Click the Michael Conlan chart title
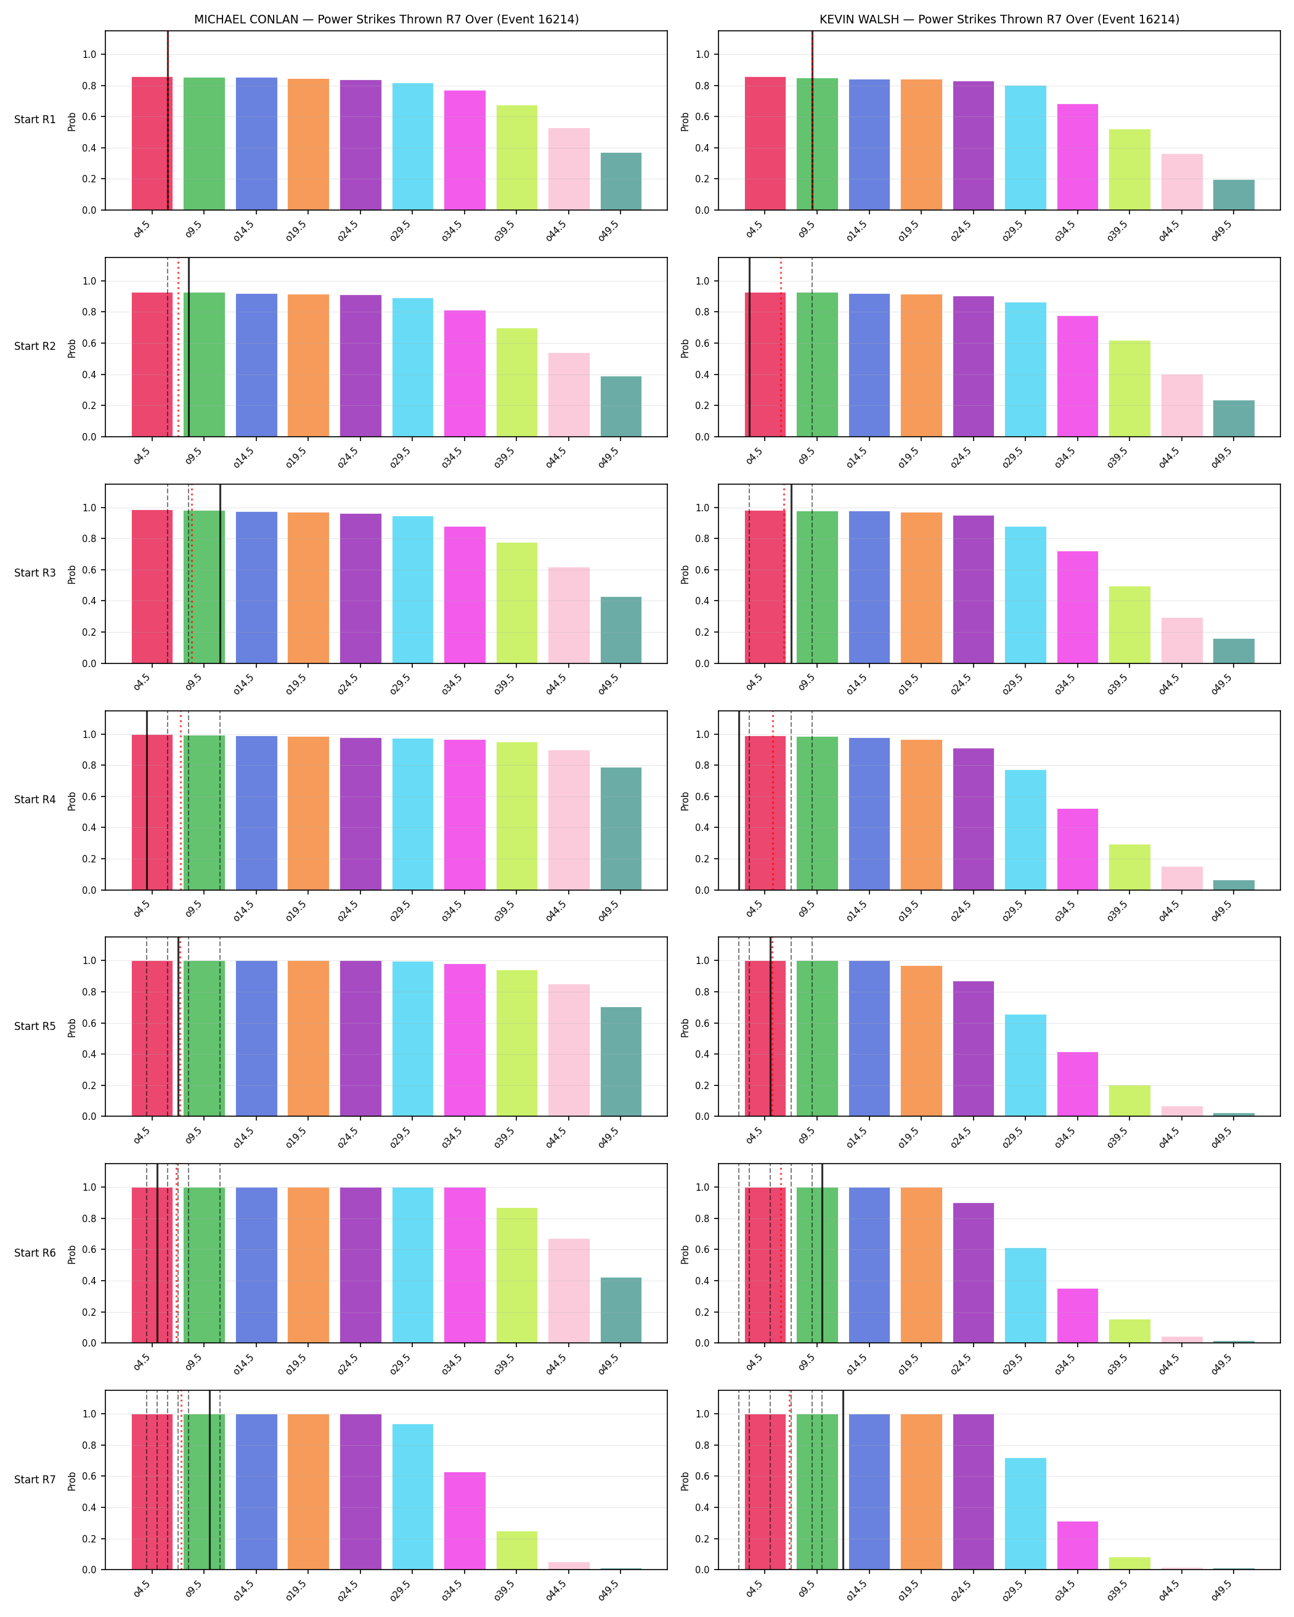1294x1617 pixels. tap(386, 20)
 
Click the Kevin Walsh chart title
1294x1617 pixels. tap(999, 20)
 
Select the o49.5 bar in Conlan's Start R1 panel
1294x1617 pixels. tap(621, 182)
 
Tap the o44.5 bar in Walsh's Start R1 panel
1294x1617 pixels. tap(1181, 182)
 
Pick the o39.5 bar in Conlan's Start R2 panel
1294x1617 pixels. tap(517, 383)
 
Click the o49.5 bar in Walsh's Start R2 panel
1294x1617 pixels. tap(1233, 418)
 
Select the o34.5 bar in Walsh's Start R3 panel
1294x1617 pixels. tap(1077, 607)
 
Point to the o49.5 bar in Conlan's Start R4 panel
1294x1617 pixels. tap(621, 829)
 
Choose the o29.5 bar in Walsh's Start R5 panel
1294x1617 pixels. tap(1025, 1066)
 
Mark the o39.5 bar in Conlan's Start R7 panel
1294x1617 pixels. tap(517, 1550)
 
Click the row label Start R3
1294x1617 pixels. tap(35, 573)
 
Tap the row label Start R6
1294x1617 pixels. tap(35, 1253)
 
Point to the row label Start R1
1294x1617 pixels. tap(35, 120)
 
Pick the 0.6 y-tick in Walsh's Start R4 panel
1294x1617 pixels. tap(702, 797)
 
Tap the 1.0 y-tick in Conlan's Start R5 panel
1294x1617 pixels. tap(89, 961)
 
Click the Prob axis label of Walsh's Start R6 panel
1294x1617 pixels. tap(685, 1255)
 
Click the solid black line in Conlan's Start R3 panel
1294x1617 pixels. tap(220, 573)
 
